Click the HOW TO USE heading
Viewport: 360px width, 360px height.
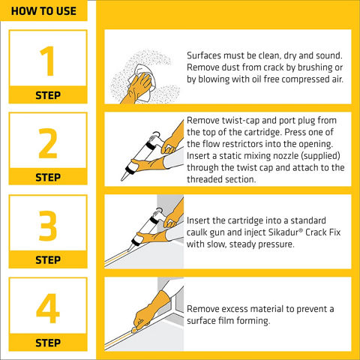tap(43, 11)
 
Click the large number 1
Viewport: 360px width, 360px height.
tap(48, 61)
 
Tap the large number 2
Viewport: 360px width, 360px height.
tap(48, 143)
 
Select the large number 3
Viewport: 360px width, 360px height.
tap(48, 226)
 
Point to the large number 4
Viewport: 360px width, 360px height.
tap(48, 308)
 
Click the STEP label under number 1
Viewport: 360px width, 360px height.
tap(48, 95)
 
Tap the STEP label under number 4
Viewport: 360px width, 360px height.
tap(48, 343)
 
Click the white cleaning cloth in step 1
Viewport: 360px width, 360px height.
tap(140, 82)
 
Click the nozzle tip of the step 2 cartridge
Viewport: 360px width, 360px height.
tap(122, 178)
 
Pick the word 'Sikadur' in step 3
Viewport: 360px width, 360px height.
tap(283, 232)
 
